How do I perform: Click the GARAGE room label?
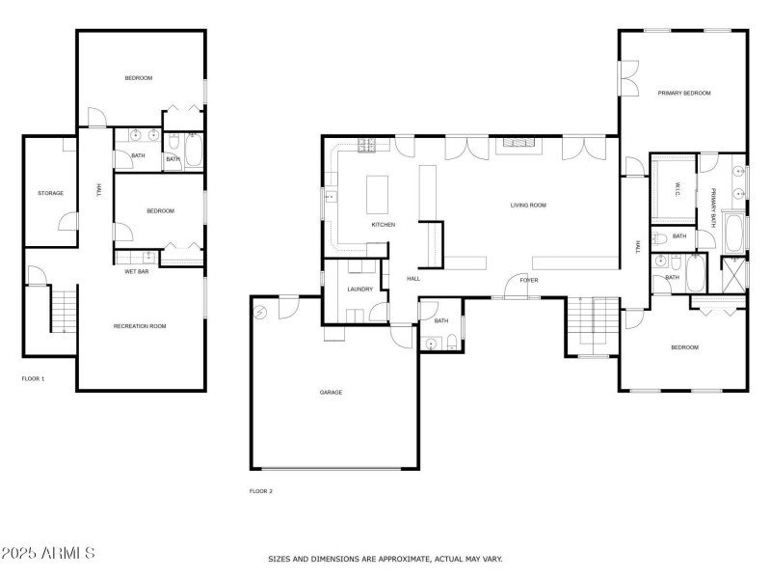[x=331, y=392]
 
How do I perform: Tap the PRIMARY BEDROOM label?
[x=684, y=94]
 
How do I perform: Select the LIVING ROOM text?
[x=528, y=205]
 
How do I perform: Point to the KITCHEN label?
[x=384, y=225]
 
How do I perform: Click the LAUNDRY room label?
[x=360, y=289]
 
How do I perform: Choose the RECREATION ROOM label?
[x=140, y=326]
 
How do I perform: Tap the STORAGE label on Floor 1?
[x=51, y=193]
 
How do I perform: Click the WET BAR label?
[x=136, y=271]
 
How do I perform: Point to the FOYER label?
[x=528, y=280]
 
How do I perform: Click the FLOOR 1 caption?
[x=33, y=378]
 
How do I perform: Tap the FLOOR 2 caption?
[x=261, y=491]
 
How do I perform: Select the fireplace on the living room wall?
[x=519, y=146]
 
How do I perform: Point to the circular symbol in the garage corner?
[x=260, y=312]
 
